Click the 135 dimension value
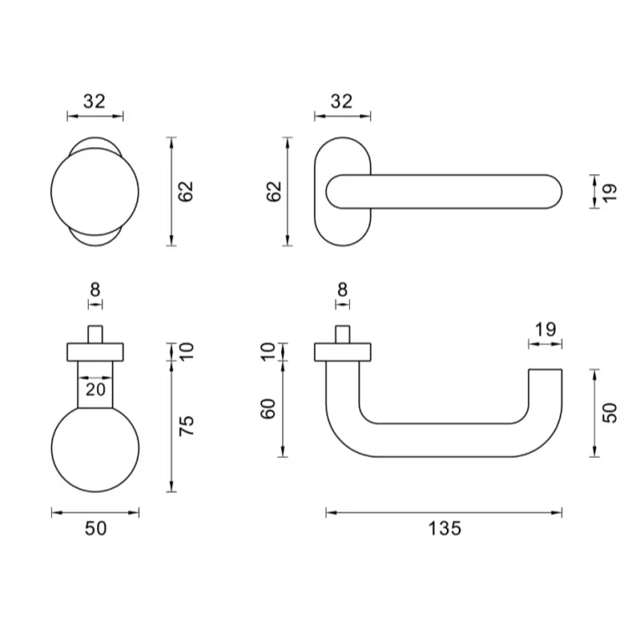tap(444, 528)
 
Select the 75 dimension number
tap(187, 425)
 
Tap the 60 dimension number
tap(268, 408)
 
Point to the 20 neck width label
tap(95, 389)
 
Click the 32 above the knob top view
tap(95, 101)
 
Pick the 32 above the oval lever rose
tap(342, 101)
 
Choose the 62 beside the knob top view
tap(186, 191)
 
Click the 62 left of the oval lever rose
tap(274, 191)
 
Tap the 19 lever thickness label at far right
tap(610, 193)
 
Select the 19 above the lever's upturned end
tap(546, 329)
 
